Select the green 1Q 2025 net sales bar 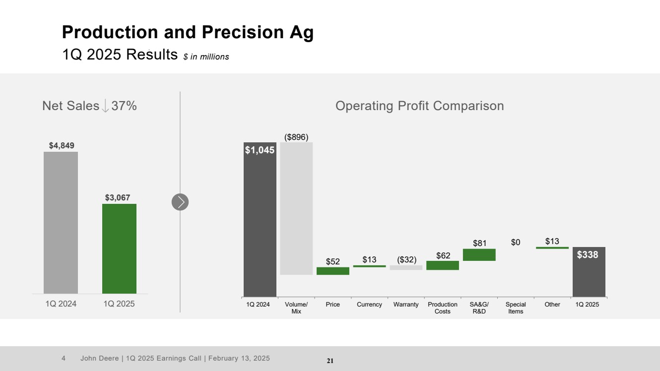[119, 248]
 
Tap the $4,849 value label [62, 145]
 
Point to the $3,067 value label [118, 197]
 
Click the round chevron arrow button [180, 202]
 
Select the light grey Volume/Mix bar [296, 208]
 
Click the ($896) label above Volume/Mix [296, 137]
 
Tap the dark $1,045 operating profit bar [260, 223]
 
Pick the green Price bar [333, 271]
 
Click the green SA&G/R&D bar [479, 254]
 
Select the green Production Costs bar [443, 265]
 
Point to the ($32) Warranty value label [406, 259]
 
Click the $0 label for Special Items [516, 242]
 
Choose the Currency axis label [369, 305]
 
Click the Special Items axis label [516, 308]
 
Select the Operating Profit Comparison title [419, 106]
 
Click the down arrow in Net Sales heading [105, 106]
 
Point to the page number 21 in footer [330, 361]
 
